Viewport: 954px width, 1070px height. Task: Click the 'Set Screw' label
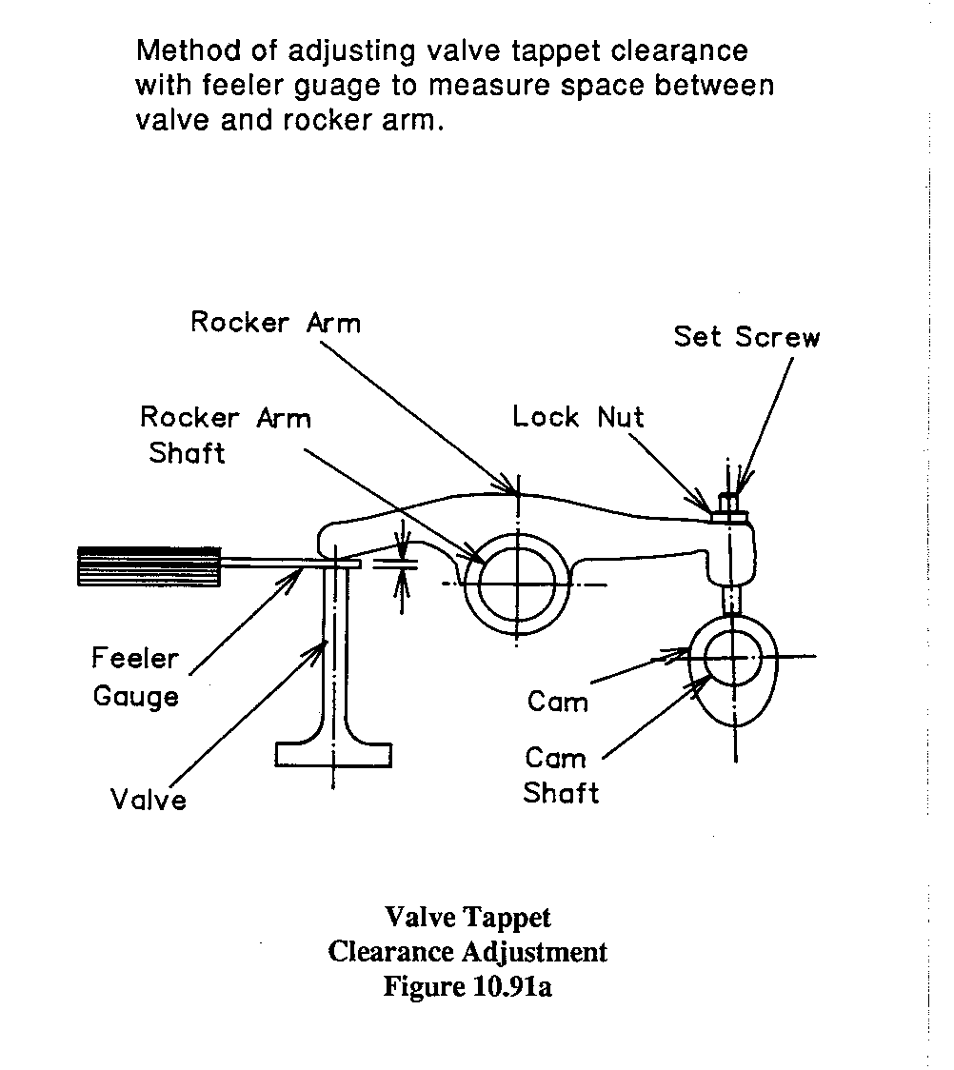coord(746,336)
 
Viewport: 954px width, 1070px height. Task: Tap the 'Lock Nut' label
coord(578,416)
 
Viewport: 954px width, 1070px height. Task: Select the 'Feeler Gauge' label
coord(135,677)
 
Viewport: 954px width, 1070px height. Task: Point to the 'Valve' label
coord(148,799)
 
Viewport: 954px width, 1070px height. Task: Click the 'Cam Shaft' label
coord(562,776)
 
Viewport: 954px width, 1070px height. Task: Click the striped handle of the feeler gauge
coord(149,565)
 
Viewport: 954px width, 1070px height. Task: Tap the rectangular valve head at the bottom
coord(333,753)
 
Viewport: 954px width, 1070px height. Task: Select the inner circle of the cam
coord(734,656)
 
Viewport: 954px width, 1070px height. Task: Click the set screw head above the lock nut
coord(729,503)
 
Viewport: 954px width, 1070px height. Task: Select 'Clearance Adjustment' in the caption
coord(467,951)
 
